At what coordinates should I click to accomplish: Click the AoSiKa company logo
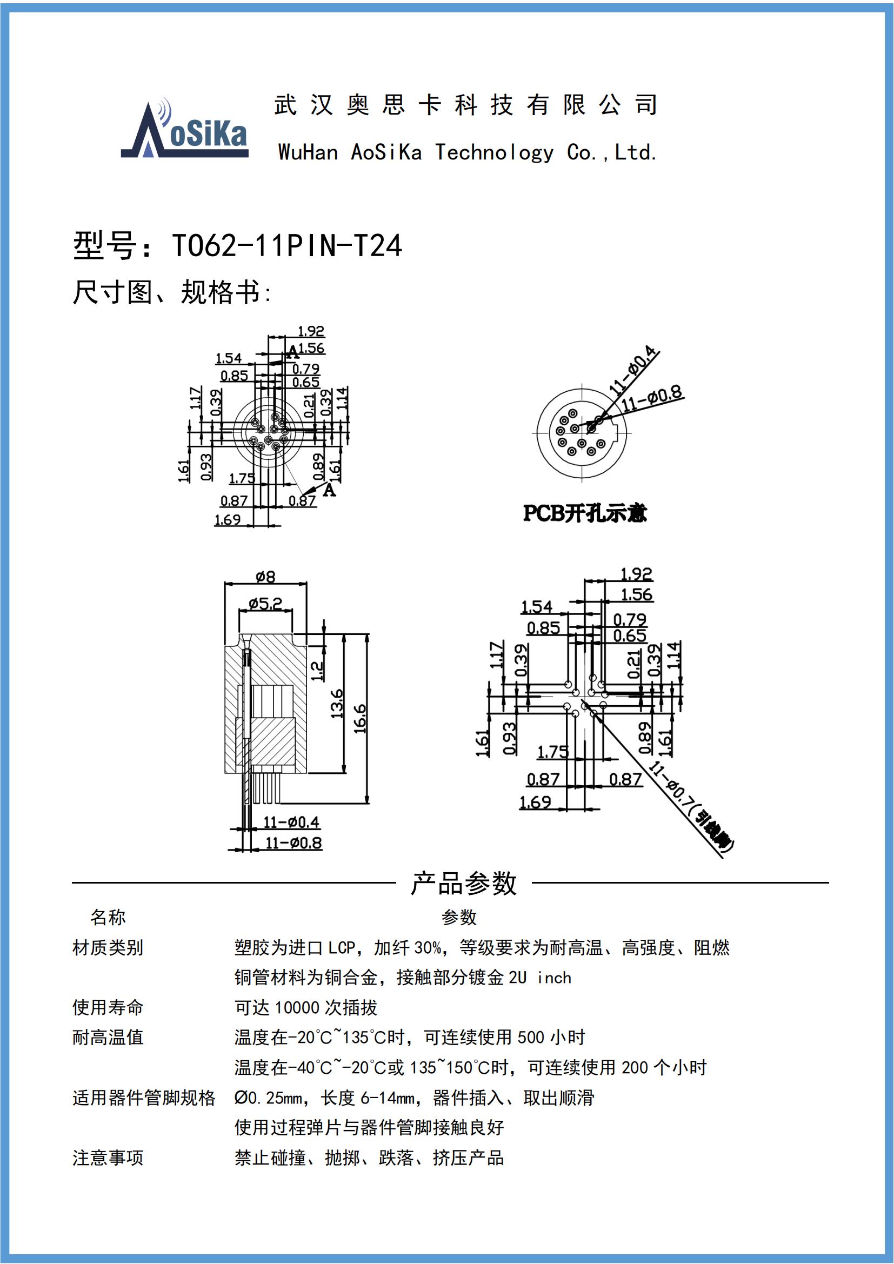click(x=185, y=130)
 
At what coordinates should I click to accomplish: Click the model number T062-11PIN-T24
click(x=287, y=246)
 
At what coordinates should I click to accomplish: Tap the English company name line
click(x=468, y=152)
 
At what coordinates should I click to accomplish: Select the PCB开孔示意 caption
click(x=585, y=513)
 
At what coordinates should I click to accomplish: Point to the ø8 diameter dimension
click(x=265, y=577)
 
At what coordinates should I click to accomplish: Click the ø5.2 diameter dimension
click(x=265, y=604)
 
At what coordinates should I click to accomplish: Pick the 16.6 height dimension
click(x=361, y=718)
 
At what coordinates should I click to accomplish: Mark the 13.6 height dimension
click(x=337, y=704)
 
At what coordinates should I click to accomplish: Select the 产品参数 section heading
click(x=464, y=884)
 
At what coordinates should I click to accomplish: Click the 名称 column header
click(x=108, y=917)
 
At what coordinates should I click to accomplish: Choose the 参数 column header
click(x=458, y=917)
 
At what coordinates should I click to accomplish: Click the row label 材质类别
click(x=108, y=947)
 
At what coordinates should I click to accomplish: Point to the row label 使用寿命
click(x=108, y=1007)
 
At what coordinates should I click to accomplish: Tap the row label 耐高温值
click(x=108, y=1037)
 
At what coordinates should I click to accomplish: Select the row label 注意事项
click(x=108, y=1157)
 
